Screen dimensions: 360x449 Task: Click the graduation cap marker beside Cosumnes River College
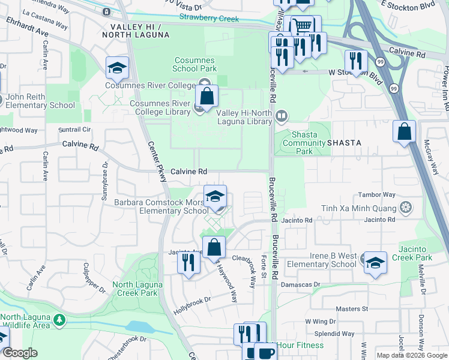[x=117, y=68]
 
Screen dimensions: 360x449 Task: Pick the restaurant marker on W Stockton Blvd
[x=356, y=61]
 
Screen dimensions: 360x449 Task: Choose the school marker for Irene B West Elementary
[x=375, y=263]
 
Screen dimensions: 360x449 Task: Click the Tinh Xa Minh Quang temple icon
[x=406, y=208]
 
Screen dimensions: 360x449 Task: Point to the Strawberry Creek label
[x=209, y=19]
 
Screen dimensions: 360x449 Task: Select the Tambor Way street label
[x=376, y=194]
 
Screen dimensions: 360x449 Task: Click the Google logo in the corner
[x=20, y=353]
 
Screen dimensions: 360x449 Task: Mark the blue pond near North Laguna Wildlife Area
[x=140, y=326]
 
